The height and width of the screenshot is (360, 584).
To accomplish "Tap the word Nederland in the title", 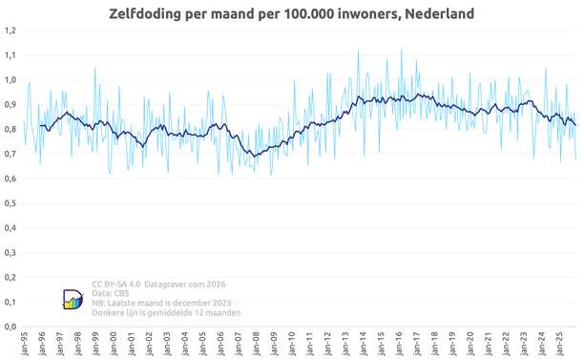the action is [x=440, y=13].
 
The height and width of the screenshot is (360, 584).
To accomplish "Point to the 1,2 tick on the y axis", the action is [x=10, y=31].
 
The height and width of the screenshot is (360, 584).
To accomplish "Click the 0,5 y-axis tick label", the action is [x=10, y=203].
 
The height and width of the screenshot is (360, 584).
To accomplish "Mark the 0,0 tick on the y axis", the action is [x=10, y=327].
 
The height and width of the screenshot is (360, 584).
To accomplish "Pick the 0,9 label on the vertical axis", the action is [x=10, y=105].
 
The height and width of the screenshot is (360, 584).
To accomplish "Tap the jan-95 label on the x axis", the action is [x=25, y=344].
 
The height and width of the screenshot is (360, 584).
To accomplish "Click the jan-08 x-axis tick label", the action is [x=257, y=344].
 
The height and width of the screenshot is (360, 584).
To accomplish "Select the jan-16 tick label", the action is [x=399, y=344].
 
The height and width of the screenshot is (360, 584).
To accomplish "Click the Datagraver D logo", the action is [x=73, y=299].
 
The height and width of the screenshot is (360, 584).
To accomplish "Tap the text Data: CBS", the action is [x=111, y=293].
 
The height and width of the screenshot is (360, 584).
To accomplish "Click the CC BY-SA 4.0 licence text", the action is [x=116, y=285].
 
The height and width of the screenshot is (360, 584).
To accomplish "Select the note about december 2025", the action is [x=161, y=303].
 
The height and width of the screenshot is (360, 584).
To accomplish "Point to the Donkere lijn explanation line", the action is [x=166, y=312].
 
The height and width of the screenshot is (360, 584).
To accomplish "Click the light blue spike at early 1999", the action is [x=95, y=68].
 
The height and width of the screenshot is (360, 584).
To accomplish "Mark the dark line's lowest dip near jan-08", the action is [x=255, y=157].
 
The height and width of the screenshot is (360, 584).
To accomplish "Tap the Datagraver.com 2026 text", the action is [x=185, y=285].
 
